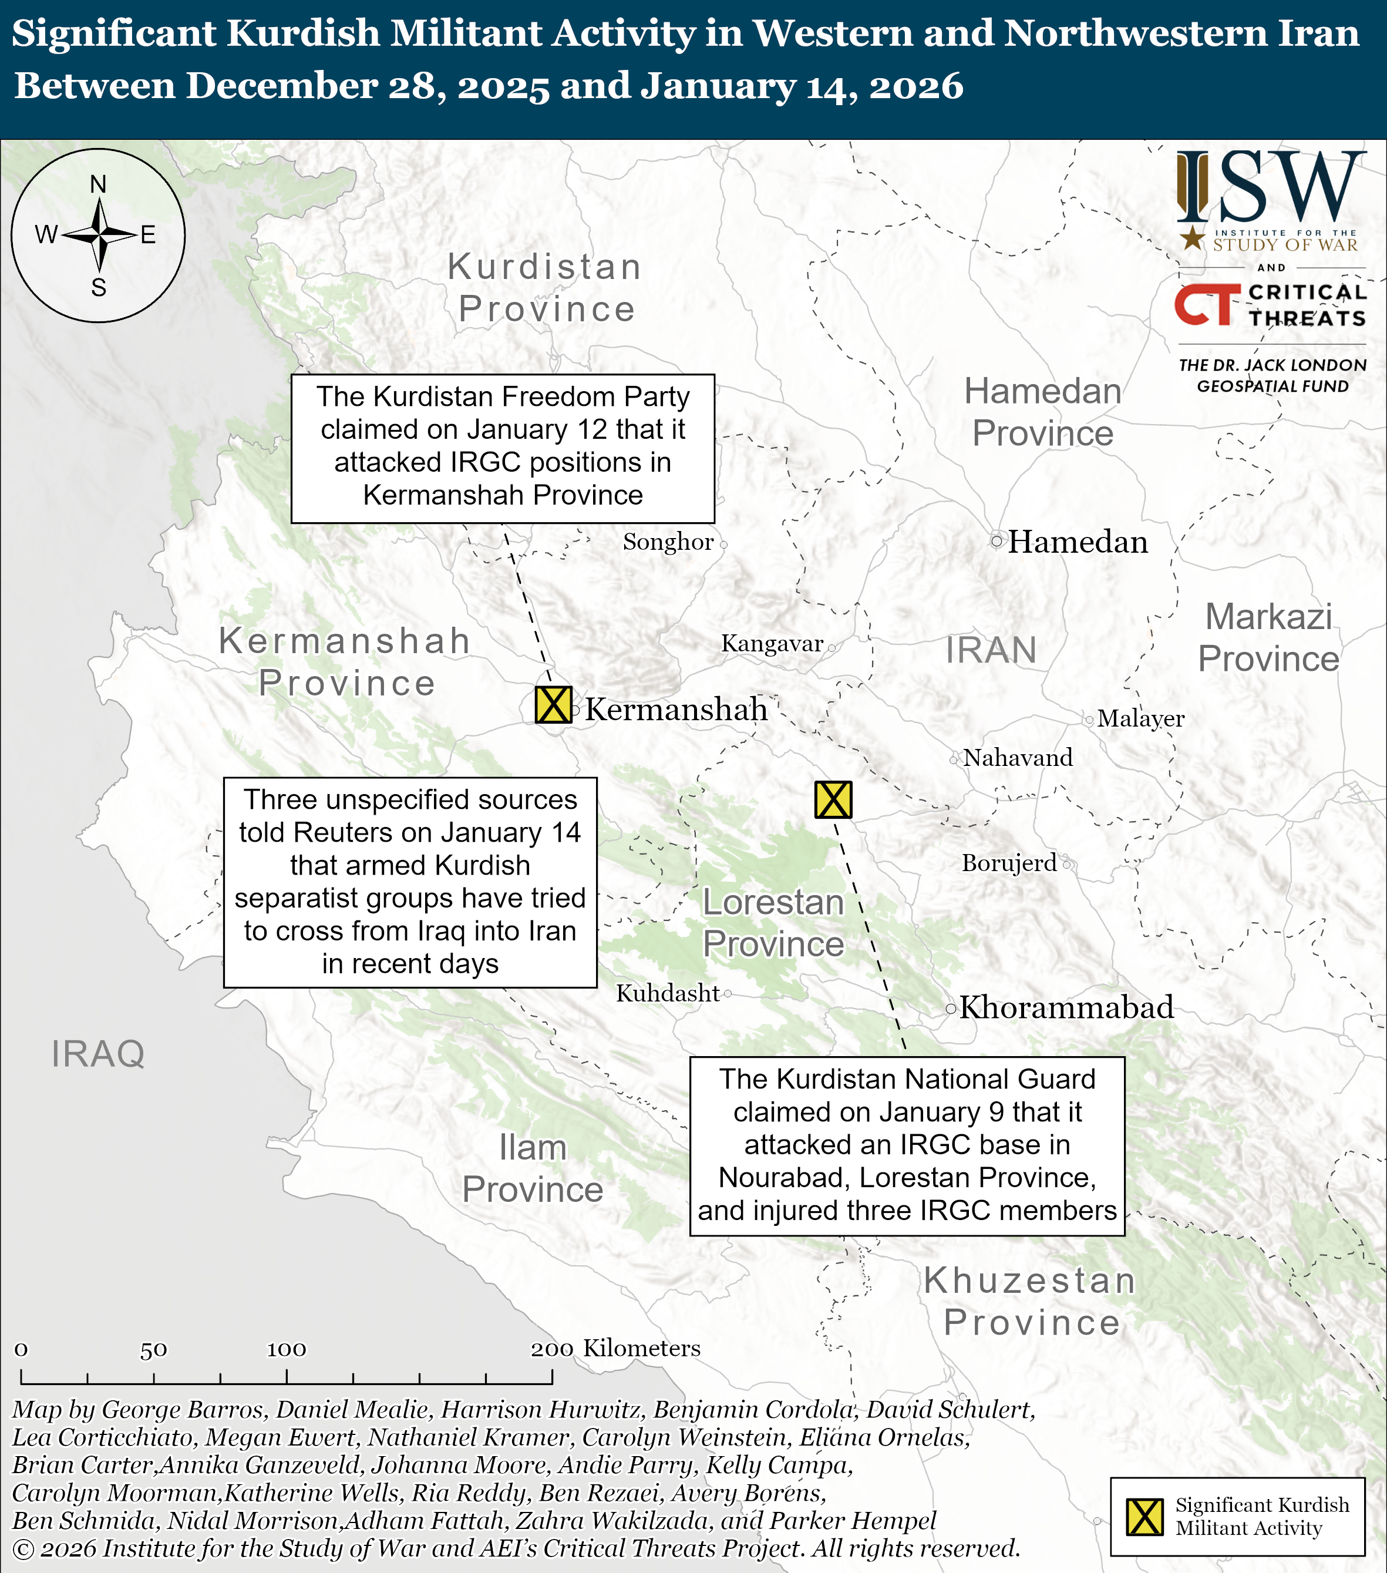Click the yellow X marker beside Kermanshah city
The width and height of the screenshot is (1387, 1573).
[x=553, y=704]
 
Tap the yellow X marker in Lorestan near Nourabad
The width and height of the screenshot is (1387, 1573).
[x=833, y=799]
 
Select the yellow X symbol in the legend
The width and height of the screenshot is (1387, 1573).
[x=1144, y=1517]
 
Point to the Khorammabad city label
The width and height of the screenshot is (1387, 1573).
[x=1066, y=1007]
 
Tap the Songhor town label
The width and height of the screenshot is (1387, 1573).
[x=668, y=542]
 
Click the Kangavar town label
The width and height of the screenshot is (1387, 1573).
[x=772, y=643]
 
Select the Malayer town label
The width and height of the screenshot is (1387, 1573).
[x=1140, y=719]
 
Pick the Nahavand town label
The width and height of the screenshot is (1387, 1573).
[x=1018, y=758]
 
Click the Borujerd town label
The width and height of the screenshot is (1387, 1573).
[x=1009, y=863]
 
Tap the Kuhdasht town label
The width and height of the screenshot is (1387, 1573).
[x=668, y=993]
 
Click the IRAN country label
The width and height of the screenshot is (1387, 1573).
[x=991, y=650]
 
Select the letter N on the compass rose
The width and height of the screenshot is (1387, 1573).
[x=97, y=184]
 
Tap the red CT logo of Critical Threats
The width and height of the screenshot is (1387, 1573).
[x=1207, y=305]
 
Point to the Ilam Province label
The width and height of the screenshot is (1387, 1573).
[x=533, y=1168]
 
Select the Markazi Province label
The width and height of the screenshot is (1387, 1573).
[x=1268, y=637]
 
